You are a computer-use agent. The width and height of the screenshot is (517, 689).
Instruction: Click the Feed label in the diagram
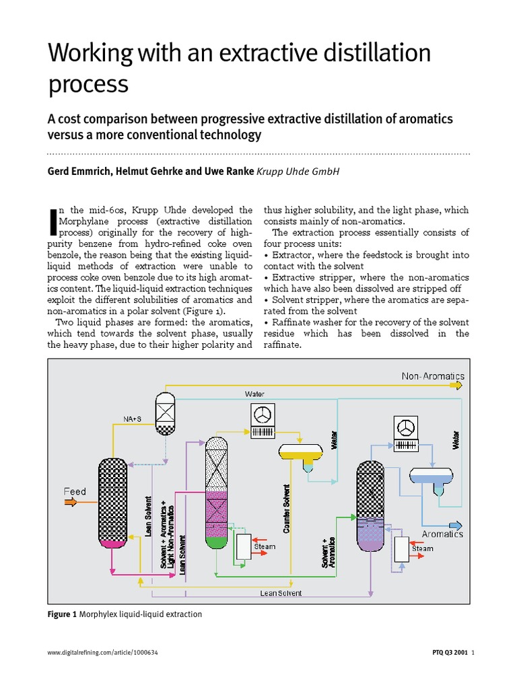[75, 491]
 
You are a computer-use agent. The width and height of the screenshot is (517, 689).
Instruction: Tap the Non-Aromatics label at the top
[433, 376]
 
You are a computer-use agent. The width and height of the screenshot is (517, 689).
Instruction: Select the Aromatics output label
[442, 534]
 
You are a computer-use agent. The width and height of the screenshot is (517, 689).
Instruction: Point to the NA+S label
[132, 419]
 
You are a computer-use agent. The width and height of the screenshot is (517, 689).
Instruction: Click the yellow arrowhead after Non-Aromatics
[459, 385]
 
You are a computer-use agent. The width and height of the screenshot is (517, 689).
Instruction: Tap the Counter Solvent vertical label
[287, 509]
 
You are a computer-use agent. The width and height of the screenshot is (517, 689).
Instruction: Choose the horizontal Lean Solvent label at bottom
[281, 593]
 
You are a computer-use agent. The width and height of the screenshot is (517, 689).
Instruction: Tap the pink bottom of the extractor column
[112, 542]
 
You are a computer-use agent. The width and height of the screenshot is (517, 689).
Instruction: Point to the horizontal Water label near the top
[254, 393]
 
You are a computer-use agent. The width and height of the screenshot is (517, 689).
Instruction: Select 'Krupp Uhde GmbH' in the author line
[298, 172]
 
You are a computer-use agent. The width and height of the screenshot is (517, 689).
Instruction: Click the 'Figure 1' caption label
[62, 614]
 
